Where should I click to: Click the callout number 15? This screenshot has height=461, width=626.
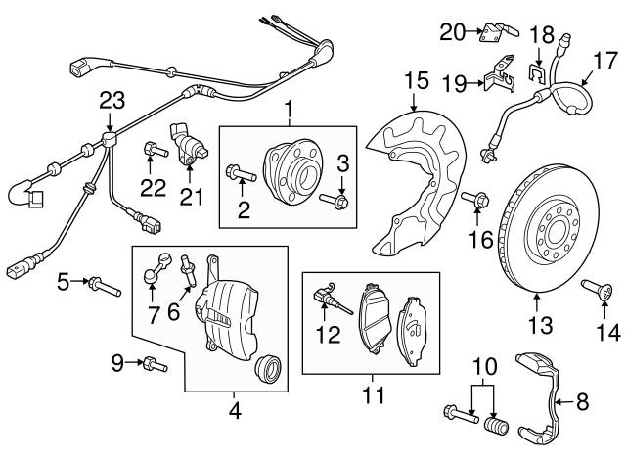click(417, 79)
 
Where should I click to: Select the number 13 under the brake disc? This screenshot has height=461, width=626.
click(539, 324)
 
